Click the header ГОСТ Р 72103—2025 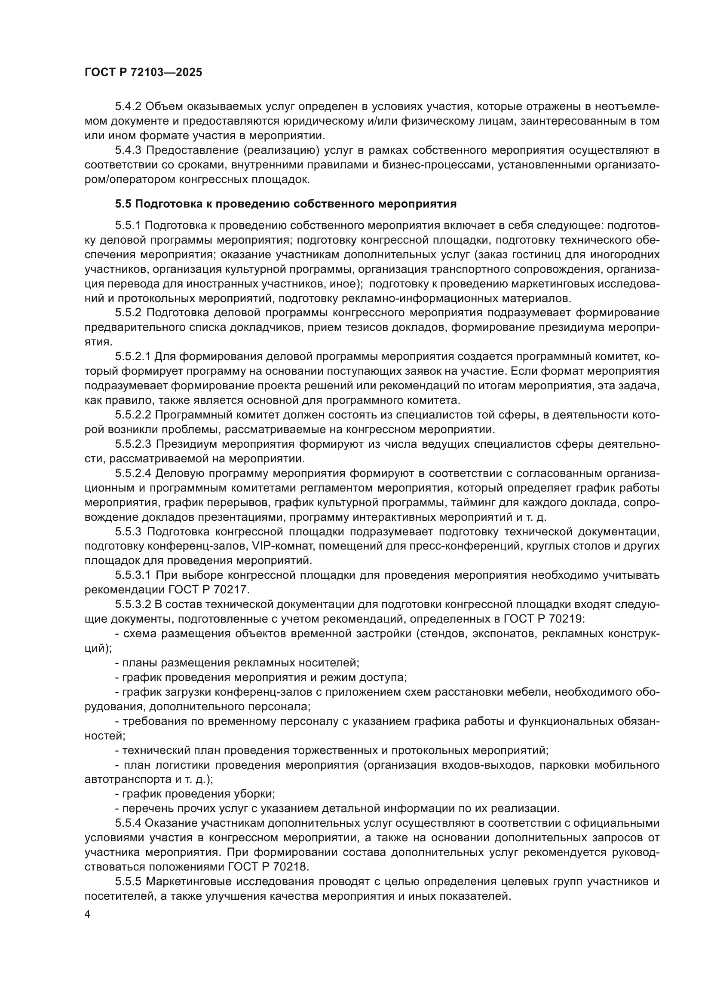pyautogui.click(x=143, y=73)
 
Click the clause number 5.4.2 pyautogui.click(x=128, y=107)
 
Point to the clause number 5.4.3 pyautogui.click(x=128, y=150)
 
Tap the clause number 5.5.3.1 pyautogui.click(x=133, y=575)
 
